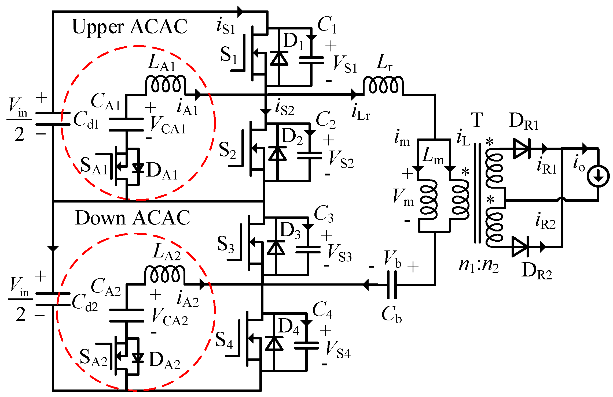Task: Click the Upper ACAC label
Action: pyautogui.click(x=130, y=27)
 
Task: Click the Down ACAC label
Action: pyautogui.click(x=133, y=218)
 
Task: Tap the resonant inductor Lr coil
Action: pyautogui.click(x=383, y=85)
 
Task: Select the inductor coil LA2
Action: pyautogui.click(x=165, y=274)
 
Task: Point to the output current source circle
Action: pyautogui.click(x=598, y=177)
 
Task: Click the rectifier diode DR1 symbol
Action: pyautogui.click(x=522, y=148)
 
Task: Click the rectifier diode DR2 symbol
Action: pyautogui.click(x=520, y=247)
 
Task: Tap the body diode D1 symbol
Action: pyautogui.click(x=279, y=58)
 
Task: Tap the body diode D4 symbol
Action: pyautogui.click(x=274, y=344)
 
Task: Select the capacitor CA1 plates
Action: pyautogui.click(x=126, y=125)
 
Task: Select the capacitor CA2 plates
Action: pyautogui.click(x=126, y=316)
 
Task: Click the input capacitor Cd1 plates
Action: pyautogui.click(x=53, y=119)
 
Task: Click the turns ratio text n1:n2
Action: pyautogui.click(x=479, y=265)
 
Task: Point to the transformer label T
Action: pyautogui.click(x=477, y=120)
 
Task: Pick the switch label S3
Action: pyautogui.click(x=225, y=244)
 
